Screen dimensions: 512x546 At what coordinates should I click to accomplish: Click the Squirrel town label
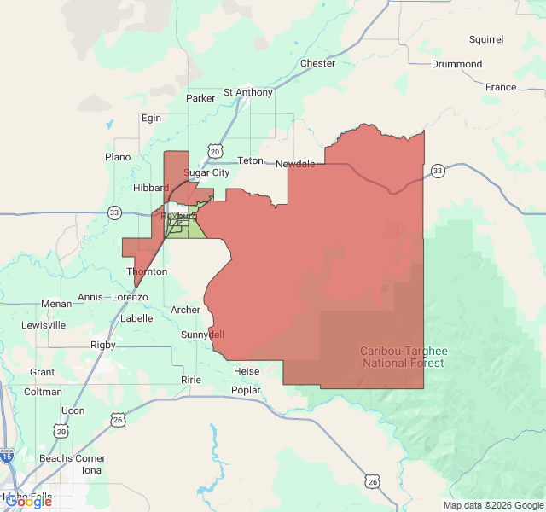click(486, 39)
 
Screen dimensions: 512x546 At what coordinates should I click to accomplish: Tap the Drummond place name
click(456, 64)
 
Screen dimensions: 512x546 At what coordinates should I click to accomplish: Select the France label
click(501, 87)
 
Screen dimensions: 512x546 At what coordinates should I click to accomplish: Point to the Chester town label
click(317, 64)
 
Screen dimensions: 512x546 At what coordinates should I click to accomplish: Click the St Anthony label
click(248, 92)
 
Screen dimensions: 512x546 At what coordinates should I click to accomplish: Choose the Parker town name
click(200, 98)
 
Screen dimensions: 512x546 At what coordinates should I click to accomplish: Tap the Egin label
click(151, 118)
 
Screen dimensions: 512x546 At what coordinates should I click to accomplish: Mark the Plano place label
click(118, 157)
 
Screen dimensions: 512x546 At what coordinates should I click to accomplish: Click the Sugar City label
click(207, 172)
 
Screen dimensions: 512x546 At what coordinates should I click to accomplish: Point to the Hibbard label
click(151, 188)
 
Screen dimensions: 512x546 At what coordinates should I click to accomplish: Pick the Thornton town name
click(147, 271)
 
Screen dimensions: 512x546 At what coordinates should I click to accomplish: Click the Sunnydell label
click(202, 335)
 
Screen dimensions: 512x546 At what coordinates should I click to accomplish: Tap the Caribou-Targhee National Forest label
click(404, 358)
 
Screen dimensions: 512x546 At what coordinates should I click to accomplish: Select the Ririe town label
click(190, 379)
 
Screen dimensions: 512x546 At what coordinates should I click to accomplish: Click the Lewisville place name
click(44, 325)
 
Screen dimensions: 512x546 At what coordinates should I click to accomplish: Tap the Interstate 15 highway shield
click(8, 457)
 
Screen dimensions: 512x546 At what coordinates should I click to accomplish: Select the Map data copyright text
click(491, 505)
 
